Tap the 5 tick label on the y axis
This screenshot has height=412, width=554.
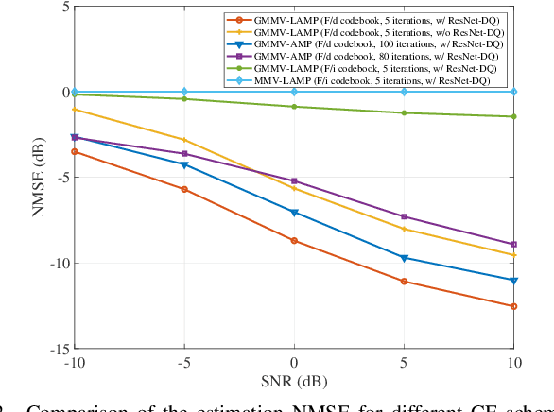63,7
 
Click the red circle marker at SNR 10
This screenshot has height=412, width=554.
514,306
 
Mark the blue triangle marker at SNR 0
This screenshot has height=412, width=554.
294,213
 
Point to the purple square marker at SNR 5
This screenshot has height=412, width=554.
405,216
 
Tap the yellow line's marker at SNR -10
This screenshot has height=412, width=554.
74,110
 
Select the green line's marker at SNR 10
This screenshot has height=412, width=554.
514,116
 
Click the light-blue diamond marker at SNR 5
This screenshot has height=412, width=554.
405,92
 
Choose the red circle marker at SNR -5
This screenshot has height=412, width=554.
184,189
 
